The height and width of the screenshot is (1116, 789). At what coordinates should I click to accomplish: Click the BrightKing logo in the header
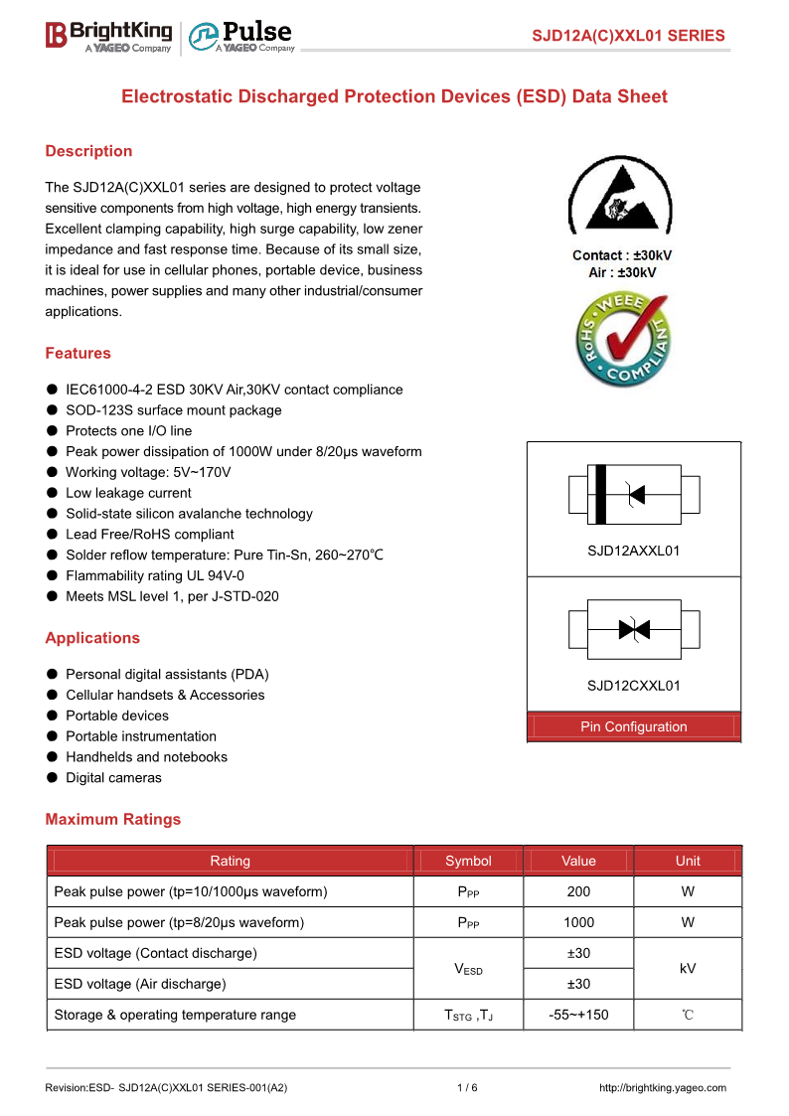[108, 36]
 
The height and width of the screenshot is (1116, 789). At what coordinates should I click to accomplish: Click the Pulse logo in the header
[241, 36]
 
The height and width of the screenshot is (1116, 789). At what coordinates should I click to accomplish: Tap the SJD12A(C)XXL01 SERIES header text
[628, 36]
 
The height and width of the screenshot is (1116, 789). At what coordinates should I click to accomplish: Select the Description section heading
[88, 151]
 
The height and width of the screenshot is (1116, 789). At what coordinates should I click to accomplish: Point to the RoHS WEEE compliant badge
[622, 340]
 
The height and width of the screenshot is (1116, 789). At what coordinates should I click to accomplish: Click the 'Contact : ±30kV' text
[622, 255]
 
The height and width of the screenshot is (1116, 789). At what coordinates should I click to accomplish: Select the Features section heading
[78, 353]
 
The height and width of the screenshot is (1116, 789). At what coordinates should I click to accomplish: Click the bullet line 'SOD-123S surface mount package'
[173, 410]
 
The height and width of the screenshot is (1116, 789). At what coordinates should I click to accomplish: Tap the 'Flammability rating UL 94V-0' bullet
[154, 575]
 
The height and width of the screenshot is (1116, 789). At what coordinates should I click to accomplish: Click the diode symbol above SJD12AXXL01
[634, 494]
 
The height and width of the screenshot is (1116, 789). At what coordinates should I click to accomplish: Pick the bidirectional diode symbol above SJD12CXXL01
[634, 629]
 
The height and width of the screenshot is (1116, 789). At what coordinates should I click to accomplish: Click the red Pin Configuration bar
[634, 726]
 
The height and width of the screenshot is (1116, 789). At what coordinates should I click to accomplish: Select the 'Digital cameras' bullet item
[113, 777]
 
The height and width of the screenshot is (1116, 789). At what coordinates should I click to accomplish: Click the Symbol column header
[468, 861]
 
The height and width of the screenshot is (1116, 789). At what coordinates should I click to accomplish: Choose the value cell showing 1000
[578, 922]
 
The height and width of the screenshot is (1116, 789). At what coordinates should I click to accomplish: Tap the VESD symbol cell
[468, 968]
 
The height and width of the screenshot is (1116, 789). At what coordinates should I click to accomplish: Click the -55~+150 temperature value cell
[578, 1015]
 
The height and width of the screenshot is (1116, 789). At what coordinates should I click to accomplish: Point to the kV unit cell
[688, 968]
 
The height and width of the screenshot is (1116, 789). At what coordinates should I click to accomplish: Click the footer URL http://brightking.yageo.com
[663, 1087]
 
